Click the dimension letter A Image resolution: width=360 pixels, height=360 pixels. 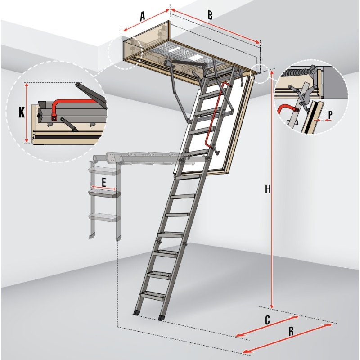tap(143, 16)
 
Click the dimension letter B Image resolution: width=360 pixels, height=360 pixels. tap(210, 15)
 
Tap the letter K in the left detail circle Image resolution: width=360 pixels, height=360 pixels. tap(22, 113)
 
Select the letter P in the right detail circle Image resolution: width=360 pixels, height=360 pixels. tap(330, 115)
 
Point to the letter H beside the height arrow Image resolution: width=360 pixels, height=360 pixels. tap(267, 189)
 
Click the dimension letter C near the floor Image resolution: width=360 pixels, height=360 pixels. tap(267, 320)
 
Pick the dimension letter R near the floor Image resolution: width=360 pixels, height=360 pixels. tap(291, 331)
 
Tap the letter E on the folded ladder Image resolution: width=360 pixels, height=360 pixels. tap(104, 183)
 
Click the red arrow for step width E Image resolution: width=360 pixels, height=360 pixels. tap(104, 188)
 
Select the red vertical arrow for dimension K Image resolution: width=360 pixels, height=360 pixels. tap(27, 113)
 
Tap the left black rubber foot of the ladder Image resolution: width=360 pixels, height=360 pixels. tap(137, 312)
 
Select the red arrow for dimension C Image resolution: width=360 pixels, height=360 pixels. tap(267, 326)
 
